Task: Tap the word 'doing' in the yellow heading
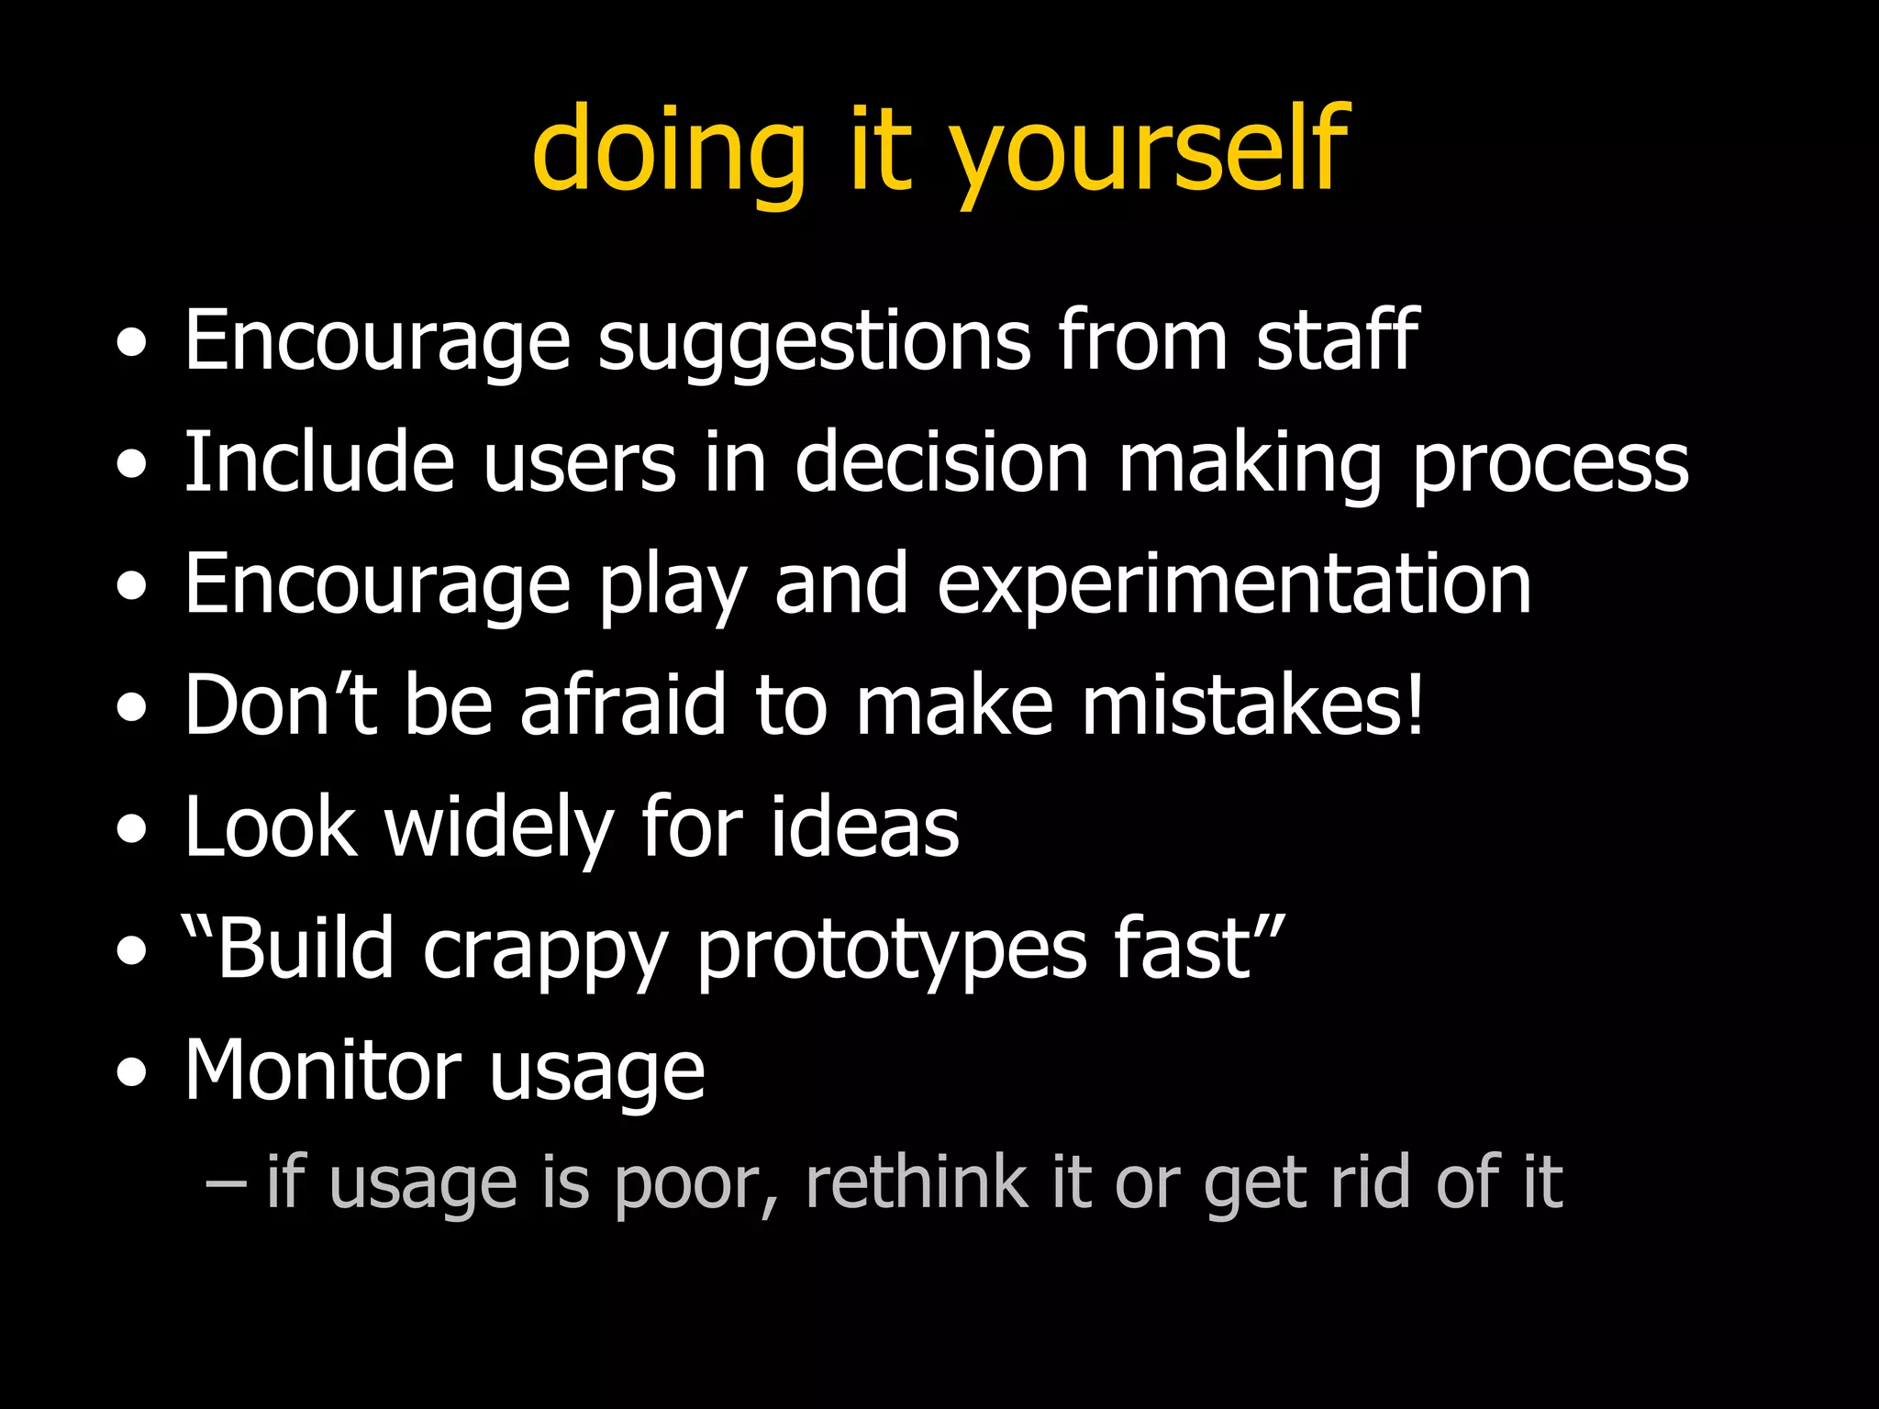coord(668,151)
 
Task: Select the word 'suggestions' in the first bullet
coord(814,342)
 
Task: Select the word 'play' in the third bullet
coord(673,587)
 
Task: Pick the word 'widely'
coord(498,828)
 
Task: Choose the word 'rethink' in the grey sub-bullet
coord(916,1182)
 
